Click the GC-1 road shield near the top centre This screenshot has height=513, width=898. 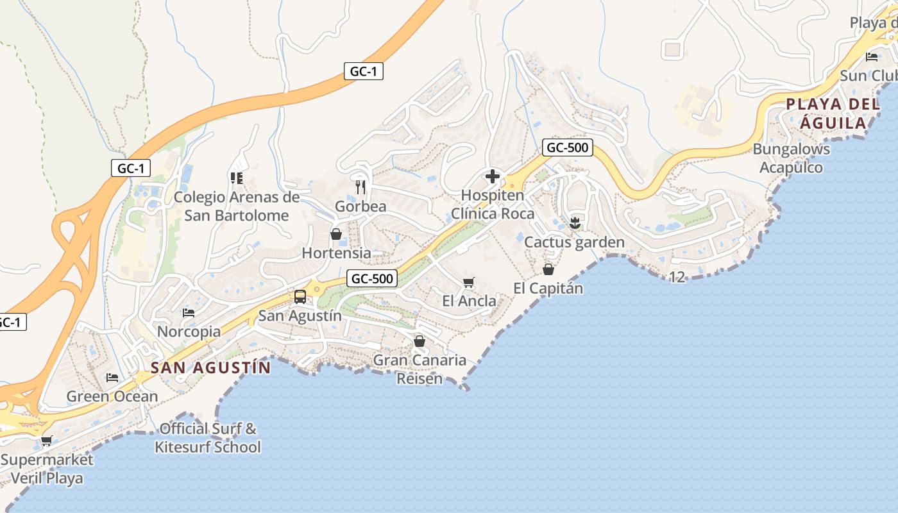[364, 71]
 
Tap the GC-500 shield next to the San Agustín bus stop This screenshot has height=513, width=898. [372, 278]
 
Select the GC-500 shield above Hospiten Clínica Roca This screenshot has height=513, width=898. [567, 147]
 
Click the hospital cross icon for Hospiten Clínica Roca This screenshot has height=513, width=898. [493, 176]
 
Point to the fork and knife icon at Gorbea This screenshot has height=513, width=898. [360, 187]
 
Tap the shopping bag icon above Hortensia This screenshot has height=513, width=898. [335, 234]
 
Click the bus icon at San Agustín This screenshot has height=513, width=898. [300, 297]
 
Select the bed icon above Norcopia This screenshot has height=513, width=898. [189, 313]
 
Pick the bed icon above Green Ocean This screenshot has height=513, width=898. [112, 377]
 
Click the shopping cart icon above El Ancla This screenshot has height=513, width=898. [469, 282]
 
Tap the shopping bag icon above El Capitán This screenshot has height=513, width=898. [548, 269]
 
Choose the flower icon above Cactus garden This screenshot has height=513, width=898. [574, 223]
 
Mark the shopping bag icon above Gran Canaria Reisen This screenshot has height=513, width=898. [419, 341]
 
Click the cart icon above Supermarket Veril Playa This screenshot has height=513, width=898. [46, 441]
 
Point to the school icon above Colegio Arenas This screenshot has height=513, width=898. [236, 178]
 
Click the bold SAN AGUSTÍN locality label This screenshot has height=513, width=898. [211, 367]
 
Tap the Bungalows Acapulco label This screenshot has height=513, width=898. [791, 158]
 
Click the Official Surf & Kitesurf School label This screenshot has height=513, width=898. [208, 437]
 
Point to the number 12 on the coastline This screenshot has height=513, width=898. [677, 277]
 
